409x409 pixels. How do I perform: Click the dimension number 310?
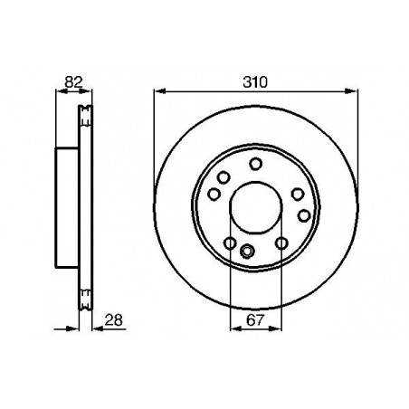[255, 82]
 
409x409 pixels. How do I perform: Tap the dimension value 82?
[73, 81]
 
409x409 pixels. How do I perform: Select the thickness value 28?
[113, 320]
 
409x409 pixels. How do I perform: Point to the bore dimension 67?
[255, 320]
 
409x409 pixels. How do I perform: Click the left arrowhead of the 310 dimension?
[159, 90]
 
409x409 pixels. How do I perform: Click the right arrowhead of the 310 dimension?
[352, 90]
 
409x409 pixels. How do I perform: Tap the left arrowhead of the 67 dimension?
[236, 328]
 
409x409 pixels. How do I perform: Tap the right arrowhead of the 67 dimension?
[275, 328]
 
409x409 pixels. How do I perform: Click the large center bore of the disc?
[256, 207]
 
